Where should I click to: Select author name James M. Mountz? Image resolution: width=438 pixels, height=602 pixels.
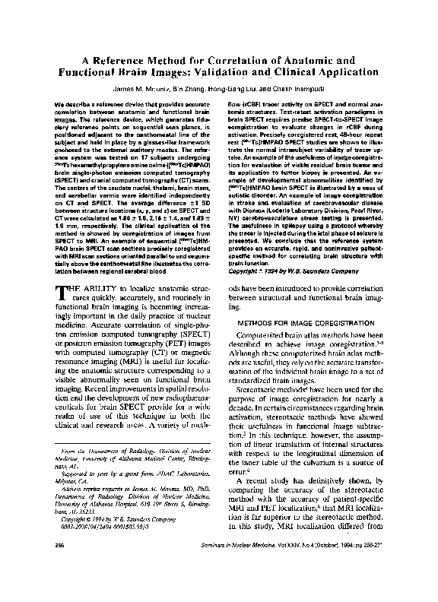tap(119, 88)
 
